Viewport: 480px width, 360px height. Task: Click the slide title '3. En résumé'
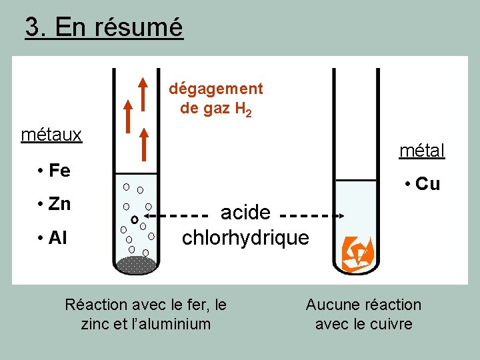(103, 27)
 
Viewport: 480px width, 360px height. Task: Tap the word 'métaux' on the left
(51, 135)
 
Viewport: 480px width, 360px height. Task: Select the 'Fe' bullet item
(59, 171)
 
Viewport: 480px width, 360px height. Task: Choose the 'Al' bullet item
(57, 238)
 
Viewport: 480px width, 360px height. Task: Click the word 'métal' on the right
(422, 151)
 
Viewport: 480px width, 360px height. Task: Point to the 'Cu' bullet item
(427, 184)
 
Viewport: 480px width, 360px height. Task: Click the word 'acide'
(245, 213)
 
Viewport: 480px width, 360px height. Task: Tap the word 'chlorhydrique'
(245, 238)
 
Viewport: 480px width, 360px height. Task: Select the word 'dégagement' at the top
(216, 89)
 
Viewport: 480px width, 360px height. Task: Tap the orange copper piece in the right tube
(357, 253)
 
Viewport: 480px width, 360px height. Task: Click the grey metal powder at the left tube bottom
(135, 265)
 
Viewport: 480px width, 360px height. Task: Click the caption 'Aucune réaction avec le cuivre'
(363, 315)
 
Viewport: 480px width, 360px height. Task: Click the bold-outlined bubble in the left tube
(134, 219)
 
